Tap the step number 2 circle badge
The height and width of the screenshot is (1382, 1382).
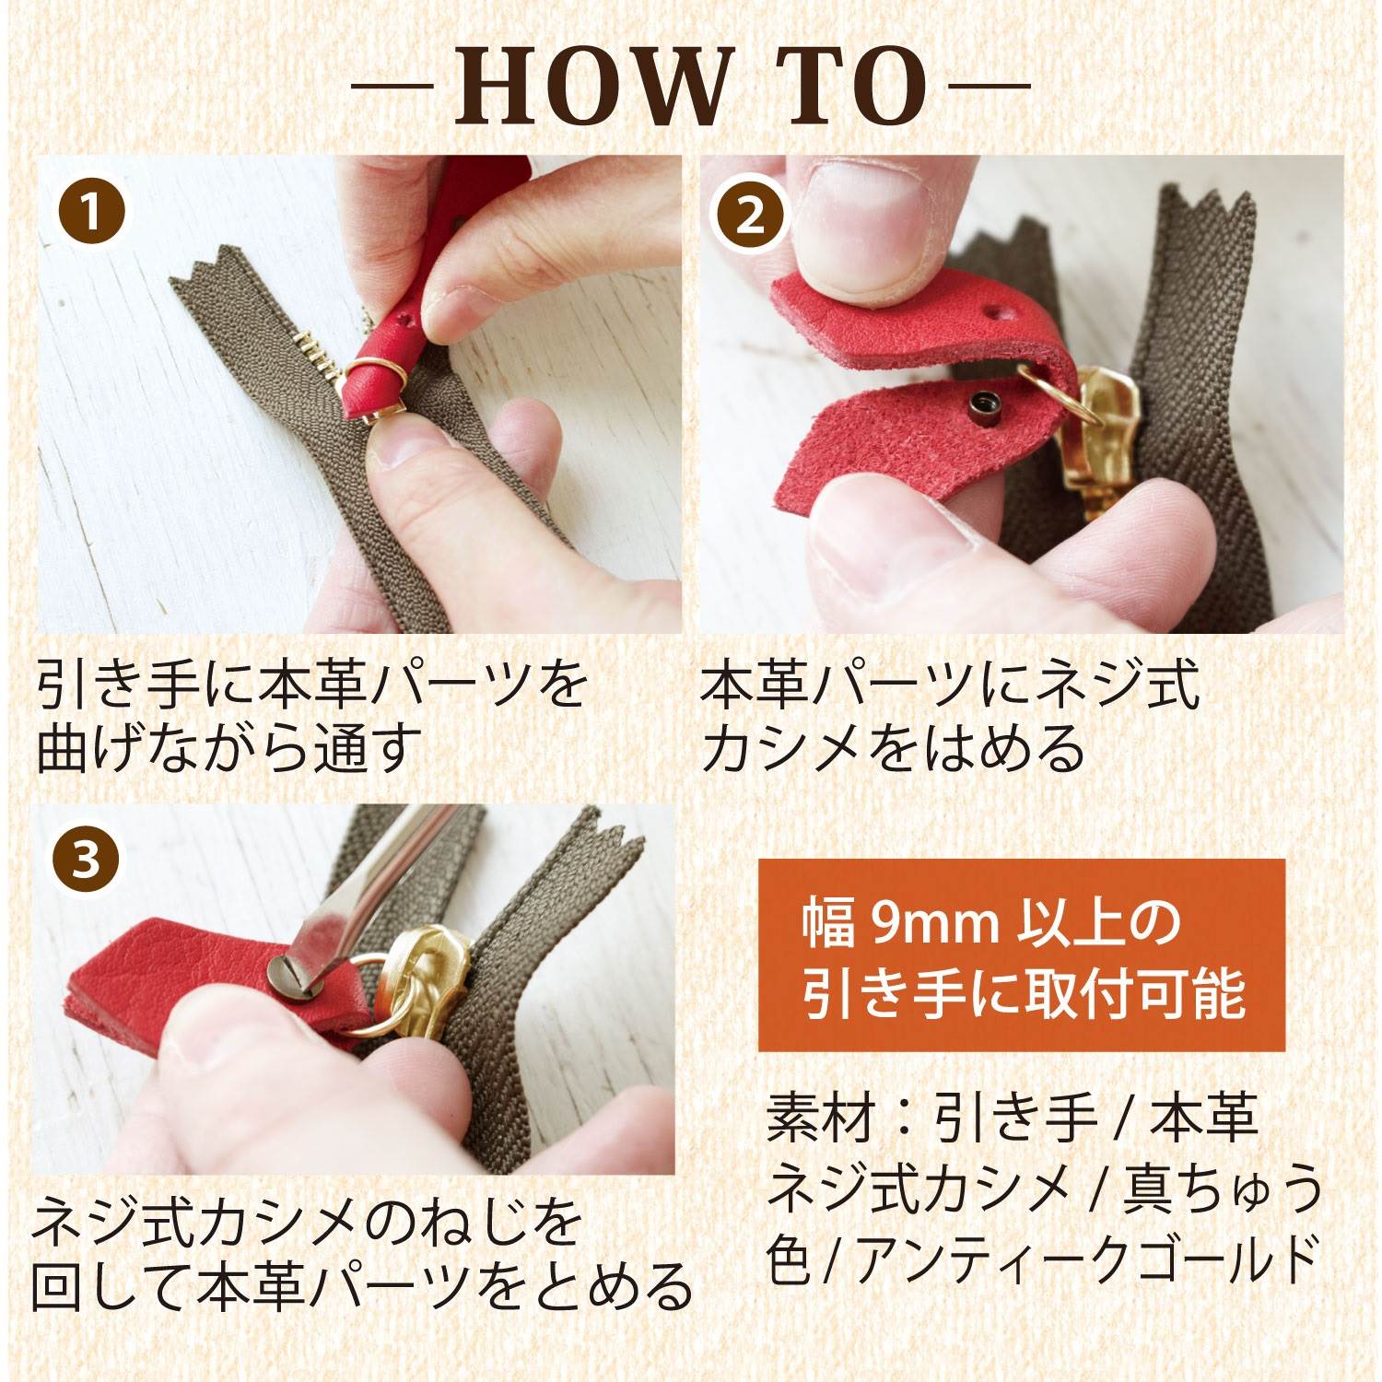pyautogui.click(x=752, y=217)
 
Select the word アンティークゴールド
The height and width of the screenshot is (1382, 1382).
pyautogui.click(x=1086, y=1260)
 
